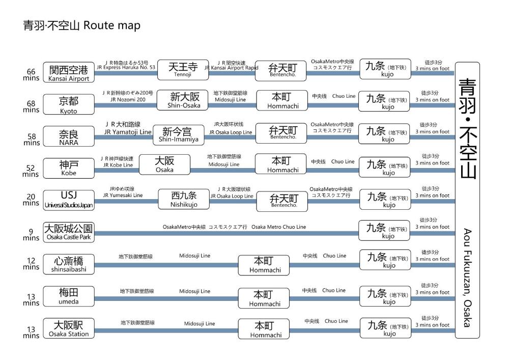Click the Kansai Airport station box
(69, 72)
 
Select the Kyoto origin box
(69, 104)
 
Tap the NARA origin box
(69, 136)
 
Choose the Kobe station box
(69, 168)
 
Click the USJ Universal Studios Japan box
(69, 200)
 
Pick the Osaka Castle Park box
(69, 232)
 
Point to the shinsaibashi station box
(69, 264)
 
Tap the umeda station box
(69, 296)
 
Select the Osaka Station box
(69, 328)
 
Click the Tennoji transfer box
(183, 70)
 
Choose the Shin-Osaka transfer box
(182, 100)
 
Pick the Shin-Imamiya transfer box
(179, 135)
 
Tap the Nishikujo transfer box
(184, 199)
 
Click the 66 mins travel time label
(31, 75)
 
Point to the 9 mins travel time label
(31, 235)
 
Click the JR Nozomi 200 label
(128, 99)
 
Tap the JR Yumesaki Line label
(123, 195)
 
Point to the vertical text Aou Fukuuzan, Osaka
(467, 278)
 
